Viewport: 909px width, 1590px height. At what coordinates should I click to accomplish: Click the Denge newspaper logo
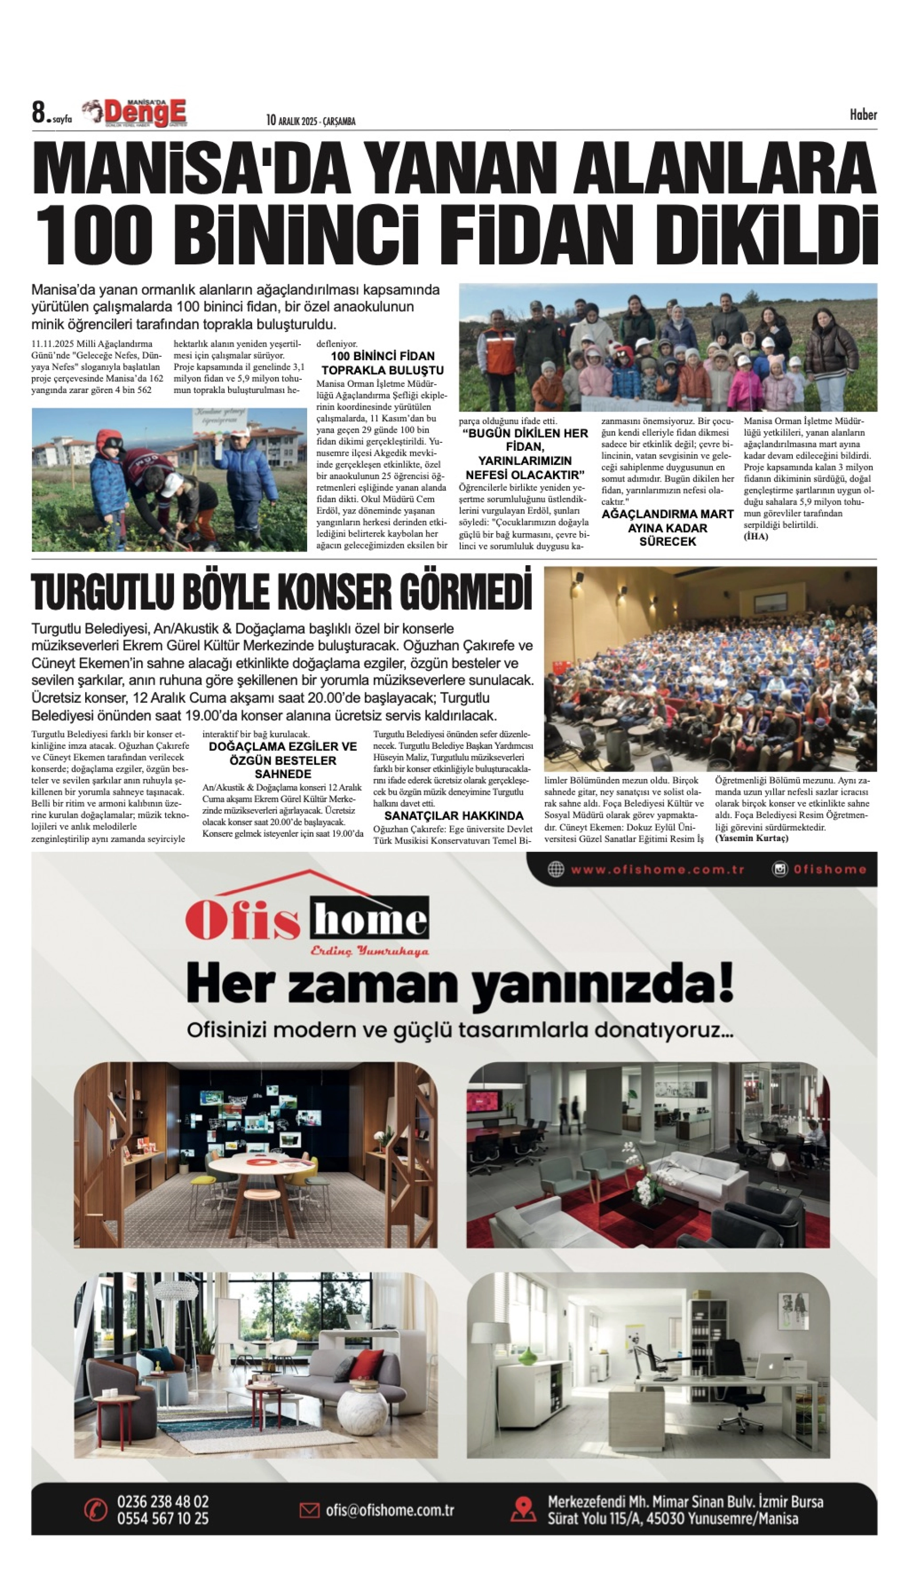(x=143, y=113)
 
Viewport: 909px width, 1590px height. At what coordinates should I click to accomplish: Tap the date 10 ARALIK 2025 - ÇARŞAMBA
(x=310, y=121)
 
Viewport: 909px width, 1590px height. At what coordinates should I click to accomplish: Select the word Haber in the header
(x=863, y=114)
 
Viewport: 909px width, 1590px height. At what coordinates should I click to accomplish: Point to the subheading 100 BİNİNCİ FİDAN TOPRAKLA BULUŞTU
(x=382, y=363)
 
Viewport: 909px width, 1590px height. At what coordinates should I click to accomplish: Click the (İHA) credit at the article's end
(x=755, y=537)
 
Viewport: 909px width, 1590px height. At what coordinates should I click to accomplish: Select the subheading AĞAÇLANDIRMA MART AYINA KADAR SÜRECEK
(x=667, y=528)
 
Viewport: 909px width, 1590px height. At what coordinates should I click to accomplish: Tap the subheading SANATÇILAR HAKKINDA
(x=454, y=816)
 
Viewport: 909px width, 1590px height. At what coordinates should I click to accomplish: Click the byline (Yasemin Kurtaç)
(x=752, y=838)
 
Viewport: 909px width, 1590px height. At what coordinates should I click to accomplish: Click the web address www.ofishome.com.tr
(x=657, y=869)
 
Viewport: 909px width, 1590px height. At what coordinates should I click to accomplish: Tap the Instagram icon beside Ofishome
(x=780, y=869)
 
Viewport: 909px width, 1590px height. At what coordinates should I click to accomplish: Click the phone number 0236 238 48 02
(x=163, y=1501)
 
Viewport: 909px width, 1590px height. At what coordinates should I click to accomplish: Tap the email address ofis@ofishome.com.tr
(x=389, y=1510)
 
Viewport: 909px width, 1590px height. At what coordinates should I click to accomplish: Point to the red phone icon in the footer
(x=96, y=1510)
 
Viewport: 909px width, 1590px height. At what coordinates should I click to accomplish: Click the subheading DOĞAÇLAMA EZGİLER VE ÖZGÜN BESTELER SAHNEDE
(x=283, y=760)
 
